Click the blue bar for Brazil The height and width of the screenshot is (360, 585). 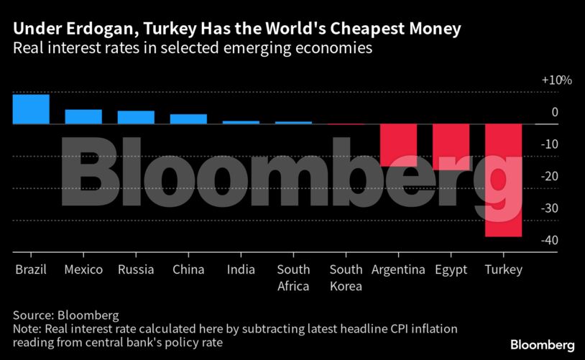click(31, 109)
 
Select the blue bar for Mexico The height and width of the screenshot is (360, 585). click(83, 116)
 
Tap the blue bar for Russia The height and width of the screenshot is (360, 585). click(136, 117)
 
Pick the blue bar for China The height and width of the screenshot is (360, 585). click(188, 119)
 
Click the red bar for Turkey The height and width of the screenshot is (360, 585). click(503, 180)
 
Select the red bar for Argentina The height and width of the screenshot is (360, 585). click(398, 145)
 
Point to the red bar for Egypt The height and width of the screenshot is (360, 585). click(451, 147)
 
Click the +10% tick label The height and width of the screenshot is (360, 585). click(556, 80)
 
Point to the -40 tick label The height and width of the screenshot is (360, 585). click(550, 240)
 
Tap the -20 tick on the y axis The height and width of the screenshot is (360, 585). click(550, 176)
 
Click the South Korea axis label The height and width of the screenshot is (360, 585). click(346, 277)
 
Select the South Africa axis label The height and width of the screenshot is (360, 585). click(293, 277)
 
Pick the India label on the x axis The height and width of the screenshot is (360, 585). click(241, 270)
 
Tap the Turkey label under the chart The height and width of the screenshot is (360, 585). click(503, 270)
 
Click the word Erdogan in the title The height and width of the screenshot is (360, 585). click(85, 30)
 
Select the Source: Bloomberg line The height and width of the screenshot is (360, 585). click(65, 315)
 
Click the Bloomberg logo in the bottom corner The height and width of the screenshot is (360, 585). click(543, 345)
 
